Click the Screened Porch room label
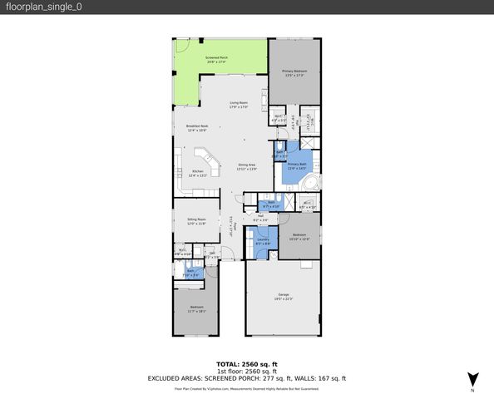[x=217, y=59]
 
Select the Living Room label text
[x=240, y=105]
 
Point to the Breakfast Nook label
[x=197, y=128]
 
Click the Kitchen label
[x=197, y=174]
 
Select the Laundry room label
[x=262, y=242]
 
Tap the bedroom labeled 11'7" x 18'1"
[x=195, y=309]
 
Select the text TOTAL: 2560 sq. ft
[x=247, y=364]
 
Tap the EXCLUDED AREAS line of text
[x=247, y=378]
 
